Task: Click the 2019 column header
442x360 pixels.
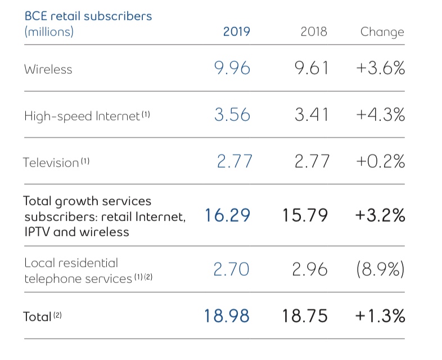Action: (236, 31)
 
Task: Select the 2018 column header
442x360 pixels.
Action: (314, 31)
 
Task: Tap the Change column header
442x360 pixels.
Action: (382, 31)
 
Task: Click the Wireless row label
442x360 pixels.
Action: (48, 69)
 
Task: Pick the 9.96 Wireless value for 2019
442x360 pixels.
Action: (232, 69)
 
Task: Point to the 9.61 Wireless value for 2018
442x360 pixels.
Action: (310, 69)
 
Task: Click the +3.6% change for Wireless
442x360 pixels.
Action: (380, 69)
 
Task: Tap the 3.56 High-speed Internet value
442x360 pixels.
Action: (232, 115)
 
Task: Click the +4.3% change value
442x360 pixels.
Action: (380, 115)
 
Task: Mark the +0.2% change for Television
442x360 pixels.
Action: (380, 162)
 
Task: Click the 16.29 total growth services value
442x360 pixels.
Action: (227, 215)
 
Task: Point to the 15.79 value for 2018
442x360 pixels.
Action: (306, 215)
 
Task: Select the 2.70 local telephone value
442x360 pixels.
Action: (231, 270)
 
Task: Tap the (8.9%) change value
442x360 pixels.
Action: (380, 270)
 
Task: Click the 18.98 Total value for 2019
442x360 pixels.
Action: (227, 316)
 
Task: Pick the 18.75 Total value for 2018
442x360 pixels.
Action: (306, 316)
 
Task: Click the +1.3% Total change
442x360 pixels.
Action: (380, 316)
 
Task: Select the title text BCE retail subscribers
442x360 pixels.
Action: (88, 15)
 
